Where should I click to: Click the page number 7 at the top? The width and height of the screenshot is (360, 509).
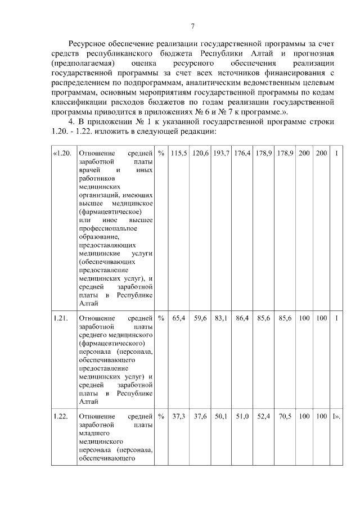point(192,26)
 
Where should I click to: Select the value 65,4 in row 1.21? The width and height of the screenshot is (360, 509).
point(179,318)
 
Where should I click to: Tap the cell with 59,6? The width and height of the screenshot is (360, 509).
point(200,318)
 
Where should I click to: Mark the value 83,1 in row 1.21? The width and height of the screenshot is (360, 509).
point(221,318)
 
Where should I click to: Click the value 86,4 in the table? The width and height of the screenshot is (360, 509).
point(242,318)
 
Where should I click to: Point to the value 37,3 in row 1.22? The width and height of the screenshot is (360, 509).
point(179,416)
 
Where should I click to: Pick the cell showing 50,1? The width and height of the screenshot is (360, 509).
point(221,416)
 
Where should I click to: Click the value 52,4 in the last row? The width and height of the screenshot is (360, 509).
point(264,416)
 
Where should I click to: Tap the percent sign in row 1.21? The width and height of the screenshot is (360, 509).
point(161,318)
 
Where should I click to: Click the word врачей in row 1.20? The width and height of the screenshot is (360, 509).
point(90,169)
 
